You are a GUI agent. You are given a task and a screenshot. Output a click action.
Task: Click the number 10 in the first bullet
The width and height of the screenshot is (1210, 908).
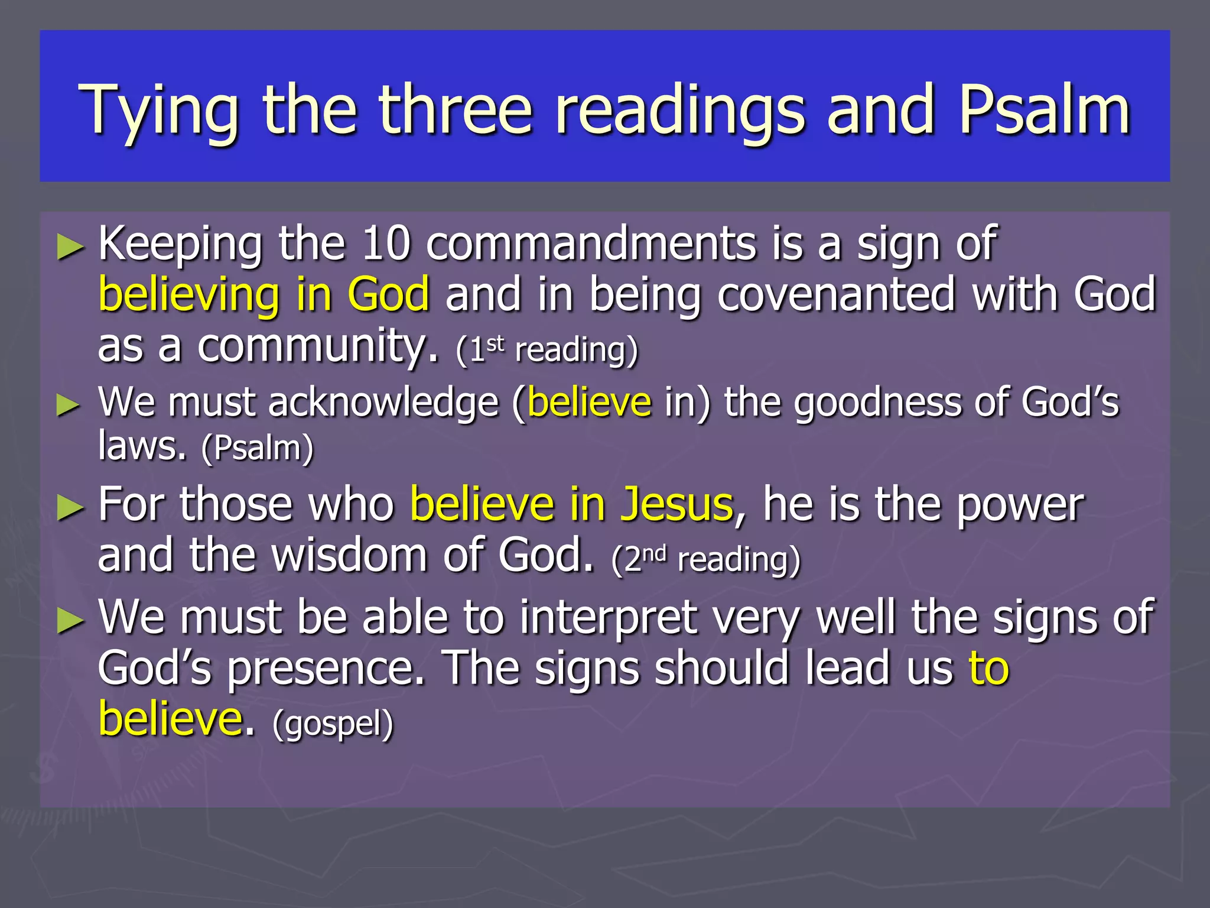tap(386, 243)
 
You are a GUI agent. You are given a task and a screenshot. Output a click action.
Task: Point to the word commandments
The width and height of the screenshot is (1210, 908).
tap(591, 243)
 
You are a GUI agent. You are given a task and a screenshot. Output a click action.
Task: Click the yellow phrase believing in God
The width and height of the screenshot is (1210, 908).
tap(264, 294)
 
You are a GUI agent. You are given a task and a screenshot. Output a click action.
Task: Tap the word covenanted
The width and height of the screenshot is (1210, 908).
tap(836, 294)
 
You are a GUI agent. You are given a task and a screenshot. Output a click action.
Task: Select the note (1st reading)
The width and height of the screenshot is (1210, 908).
tap(547, 349)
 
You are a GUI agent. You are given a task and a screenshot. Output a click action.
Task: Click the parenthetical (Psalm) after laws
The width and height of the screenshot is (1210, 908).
tap(258, 448)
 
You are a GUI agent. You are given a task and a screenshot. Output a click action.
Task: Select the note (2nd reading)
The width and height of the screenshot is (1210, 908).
tap(706, 559)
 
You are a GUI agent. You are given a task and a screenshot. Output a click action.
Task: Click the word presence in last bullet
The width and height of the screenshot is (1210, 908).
tap(326, 669)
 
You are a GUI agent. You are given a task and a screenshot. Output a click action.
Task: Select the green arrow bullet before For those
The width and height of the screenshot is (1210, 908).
tap(70, 508)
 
